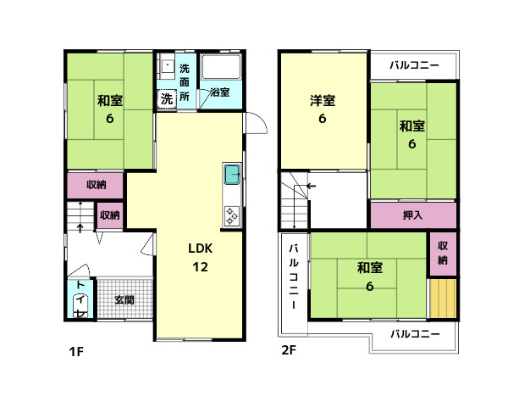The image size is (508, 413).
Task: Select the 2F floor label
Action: coord(288,350)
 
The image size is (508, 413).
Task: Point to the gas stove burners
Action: coord(232,215)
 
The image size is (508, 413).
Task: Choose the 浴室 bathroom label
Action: coord(219,92)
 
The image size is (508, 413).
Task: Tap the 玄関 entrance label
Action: coord(124,299)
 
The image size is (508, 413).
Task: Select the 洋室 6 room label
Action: coord(322,109)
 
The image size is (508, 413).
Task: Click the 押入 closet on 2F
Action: coord(413,215)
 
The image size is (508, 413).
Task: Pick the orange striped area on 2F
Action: coord(442,299)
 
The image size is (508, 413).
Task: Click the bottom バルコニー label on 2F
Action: coord(415,333)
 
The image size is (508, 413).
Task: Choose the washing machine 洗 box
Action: coord(166,98)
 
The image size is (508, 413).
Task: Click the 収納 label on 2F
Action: coord(443,252)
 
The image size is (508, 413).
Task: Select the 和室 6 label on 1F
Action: coord(109,109)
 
